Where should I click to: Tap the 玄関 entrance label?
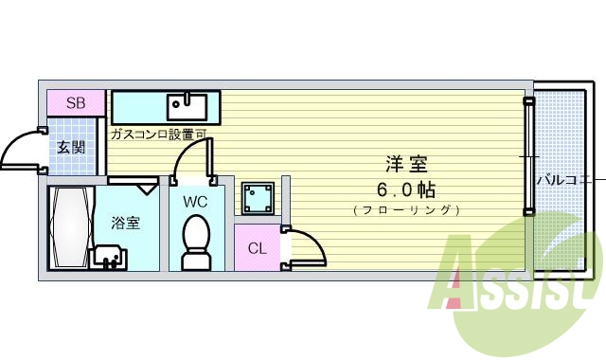tap(70, 147)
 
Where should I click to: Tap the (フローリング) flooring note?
tap(404, 209)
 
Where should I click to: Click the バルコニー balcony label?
tap(565, 178)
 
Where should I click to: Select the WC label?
tap(195, 201)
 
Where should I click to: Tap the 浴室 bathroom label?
tap(126, 224)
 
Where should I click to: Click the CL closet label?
tap(257, 248)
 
